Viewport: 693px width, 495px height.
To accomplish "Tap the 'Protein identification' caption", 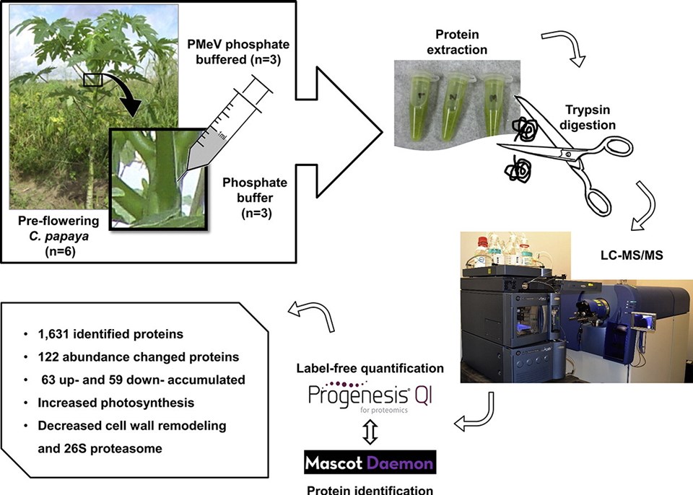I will click(x=368, y=489).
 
